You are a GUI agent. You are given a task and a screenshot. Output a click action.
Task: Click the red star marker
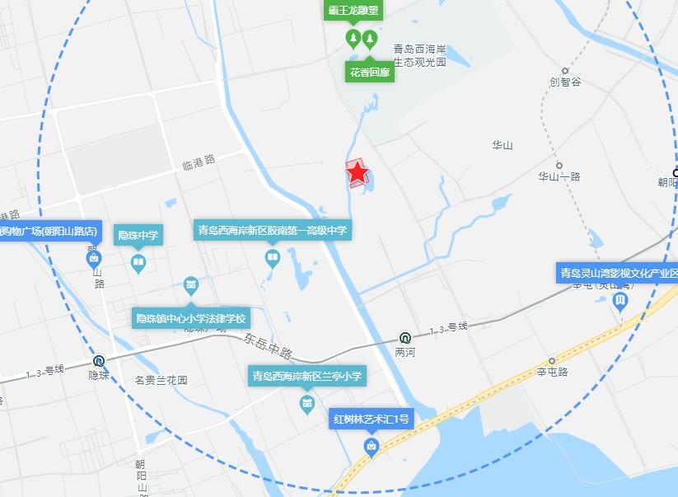(x=358, y=173)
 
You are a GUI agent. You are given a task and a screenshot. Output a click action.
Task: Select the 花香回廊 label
(x=369, y=73)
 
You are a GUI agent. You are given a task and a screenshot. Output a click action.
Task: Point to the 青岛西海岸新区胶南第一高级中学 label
(x=272, y=231)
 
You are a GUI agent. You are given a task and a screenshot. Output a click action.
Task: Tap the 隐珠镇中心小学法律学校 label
(x=191, y=318)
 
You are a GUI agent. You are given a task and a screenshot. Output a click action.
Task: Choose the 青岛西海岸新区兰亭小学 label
(x=306, y=377)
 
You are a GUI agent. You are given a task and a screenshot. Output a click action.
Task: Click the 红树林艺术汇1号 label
(x=371, y=420)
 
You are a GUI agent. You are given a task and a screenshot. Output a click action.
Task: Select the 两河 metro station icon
(x=405, y=337)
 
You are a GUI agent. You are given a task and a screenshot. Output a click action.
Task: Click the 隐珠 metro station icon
(x=99, y=360)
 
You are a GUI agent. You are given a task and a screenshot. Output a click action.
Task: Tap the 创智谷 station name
(x=565, y=82)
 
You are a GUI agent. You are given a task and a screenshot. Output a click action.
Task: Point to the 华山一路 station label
(x=559, y=176)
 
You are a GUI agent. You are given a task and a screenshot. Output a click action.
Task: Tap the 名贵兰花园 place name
(x=161, y=381)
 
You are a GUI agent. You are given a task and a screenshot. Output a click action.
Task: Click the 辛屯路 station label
(x=553, y=372)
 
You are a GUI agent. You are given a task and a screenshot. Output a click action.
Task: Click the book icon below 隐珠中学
(x=138, y=264)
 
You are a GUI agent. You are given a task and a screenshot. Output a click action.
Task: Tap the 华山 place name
(x=503, y=146)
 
